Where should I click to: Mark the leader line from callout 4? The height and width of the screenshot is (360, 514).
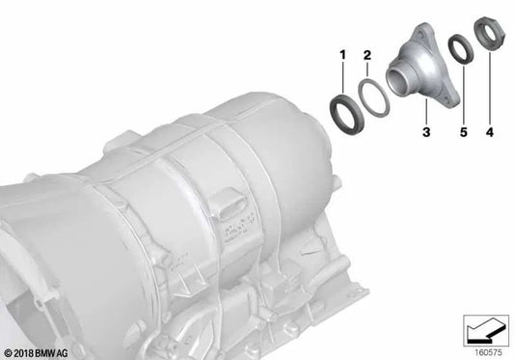click(489, 97)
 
